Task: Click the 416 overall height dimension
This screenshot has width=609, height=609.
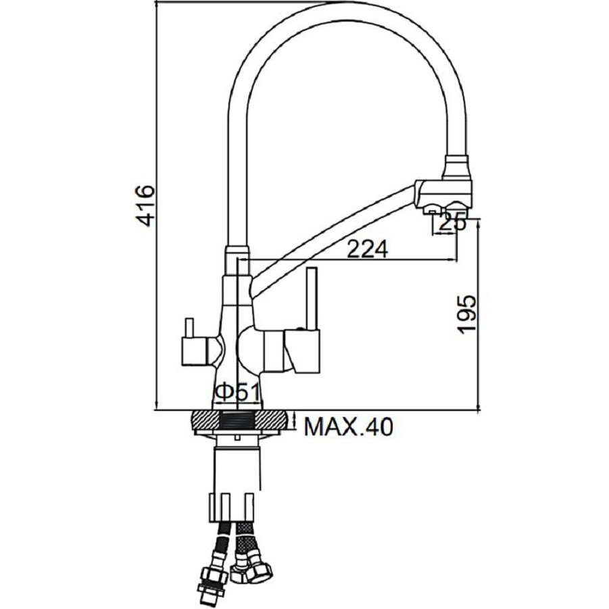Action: (145, 205)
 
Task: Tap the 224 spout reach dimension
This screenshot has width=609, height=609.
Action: (366, 249)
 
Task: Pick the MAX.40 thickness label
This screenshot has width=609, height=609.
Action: (347, 427)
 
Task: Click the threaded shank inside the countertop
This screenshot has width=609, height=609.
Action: (238, 421)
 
